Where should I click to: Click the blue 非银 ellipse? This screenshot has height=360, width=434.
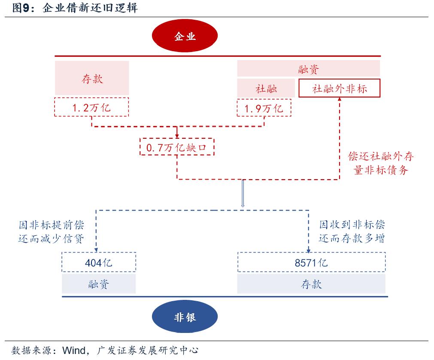pyautogui.click(x=185, y=317)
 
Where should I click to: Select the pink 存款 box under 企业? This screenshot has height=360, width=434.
pyautogui.click(x=92, y=78)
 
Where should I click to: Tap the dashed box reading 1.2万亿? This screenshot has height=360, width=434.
pyautogui.click(x=92, y=107)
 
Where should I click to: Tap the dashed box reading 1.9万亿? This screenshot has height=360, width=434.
pyautogui.click(x=264, y=107)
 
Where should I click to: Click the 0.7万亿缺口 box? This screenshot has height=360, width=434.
pyautogui.click(x=177, y=147)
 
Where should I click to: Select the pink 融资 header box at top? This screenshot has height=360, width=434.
pyautogui.click(x=308, y=69)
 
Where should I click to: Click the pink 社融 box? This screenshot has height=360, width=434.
pyautogui.click(x=266, y=88)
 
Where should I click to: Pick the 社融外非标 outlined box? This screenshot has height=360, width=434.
pyautogui.click(x=339, y=88)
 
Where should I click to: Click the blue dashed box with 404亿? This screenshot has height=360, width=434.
pyautogui.click(x=99, y=262)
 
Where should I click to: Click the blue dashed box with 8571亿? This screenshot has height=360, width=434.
pyautogui.click(x=311, y=262)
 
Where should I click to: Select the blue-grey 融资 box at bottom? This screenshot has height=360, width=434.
pyautogui.click(x=99, y=284)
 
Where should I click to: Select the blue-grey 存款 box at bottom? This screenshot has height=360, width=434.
pyautogui.click(x=311, y=284)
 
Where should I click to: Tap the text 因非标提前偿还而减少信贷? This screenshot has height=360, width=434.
pyautogui.click(x=51, y=232)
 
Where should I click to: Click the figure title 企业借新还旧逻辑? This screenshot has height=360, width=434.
pyautogui.click(x=90, y=8)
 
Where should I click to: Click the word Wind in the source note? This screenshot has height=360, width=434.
pyautogui.click(x=74, y=350)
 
